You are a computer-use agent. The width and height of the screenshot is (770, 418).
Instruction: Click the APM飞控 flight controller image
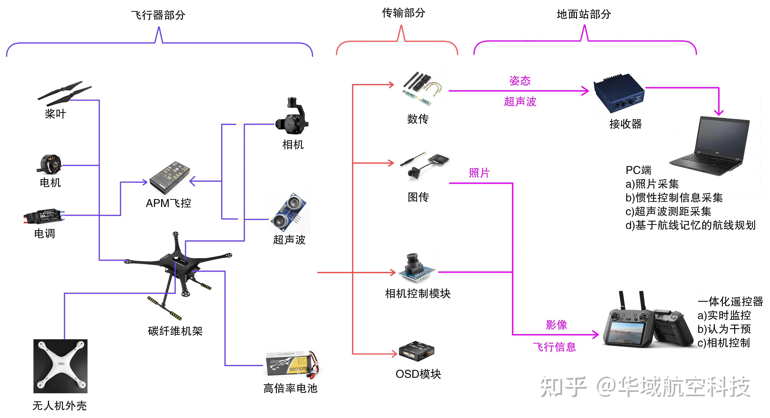click(169, 178)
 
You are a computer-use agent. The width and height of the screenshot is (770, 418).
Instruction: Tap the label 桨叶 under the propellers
click(55, 114)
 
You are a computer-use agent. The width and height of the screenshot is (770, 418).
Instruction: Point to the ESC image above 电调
click(44, 216)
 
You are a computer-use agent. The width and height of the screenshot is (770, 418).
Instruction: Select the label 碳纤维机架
click(175, 331)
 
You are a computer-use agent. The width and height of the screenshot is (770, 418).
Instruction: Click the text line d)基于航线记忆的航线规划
click(690, 225)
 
